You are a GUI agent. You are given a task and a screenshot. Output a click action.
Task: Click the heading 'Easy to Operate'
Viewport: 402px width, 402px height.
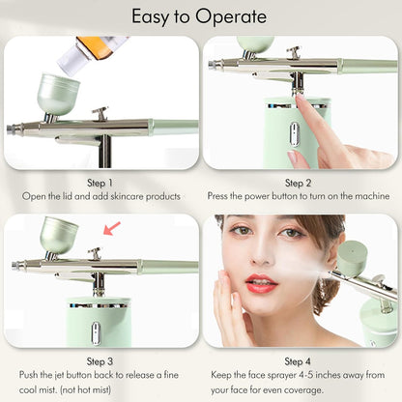pos(200,16)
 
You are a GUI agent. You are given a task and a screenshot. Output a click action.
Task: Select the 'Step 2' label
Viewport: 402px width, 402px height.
pos(299,182)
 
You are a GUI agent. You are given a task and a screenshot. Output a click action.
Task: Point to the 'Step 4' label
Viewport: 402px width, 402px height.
pos(299,359)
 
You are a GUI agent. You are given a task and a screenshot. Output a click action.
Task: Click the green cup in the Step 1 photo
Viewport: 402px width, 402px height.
pos(61,94)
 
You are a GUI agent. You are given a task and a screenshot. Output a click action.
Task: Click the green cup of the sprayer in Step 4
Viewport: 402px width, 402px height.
pos(354,258)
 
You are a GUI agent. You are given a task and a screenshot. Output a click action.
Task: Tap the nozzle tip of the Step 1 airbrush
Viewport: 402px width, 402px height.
pos(9,127)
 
